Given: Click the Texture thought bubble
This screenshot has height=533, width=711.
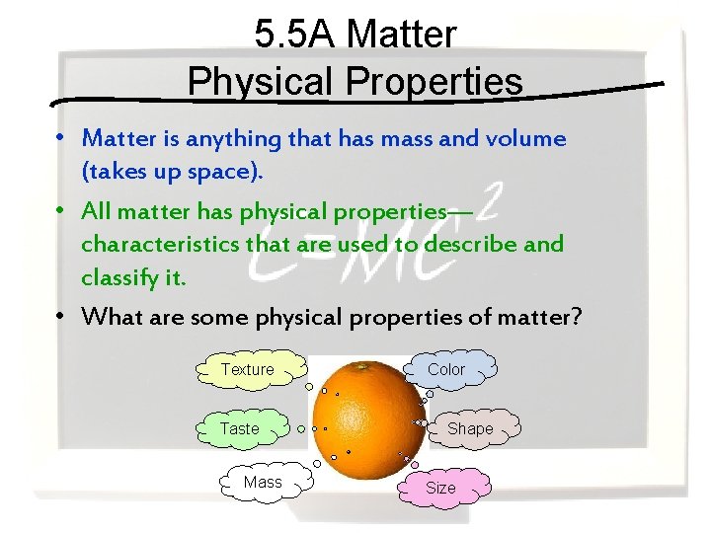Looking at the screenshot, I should (x=248, y=369).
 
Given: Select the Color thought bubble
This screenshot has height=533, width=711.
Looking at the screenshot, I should (x=446, y=369).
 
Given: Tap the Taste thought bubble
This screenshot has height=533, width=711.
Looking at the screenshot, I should (x=240, y=428).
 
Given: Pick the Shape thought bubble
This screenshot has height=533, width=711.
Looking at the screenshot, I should (x=470, y=428).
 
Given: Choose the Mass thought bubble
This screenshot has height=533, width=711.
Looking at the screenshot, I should (x=263, y=482).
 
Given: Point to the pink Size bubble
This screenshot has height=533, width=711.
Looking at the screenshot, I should (x=441, y=488).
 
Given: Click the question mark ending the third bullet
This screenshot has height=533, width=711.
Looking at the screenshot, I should (x=577, y=317).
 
